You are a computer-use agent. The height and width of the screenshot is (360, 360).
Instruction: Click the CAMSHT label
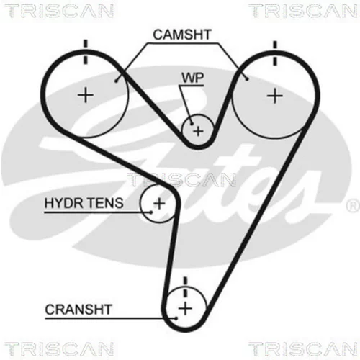click(x=182, y=35)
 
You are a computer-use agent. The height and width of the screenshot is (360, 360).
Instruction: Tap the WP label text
click(x=193, y=78)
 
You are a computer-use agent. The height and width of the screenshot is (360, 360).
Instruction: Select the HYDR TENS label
click(x=84, y=203)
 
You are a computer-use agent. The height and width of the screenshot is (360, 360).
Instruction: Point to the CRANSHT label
click(x=78, y=310)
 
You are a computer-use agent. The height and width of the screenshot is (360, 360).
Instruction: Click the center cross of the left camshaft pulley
click(x=86, y=95)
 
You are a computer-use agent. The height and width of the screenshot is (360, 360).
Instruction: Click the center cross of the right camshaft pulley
click(x=275, y=96)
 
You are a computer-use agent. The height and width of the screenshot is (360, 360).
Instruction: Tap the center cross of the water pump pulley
click(x=198, y=131)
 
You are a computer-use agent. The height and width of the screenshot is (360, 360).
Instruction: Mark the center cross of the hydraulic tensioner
click(x=159, y=204)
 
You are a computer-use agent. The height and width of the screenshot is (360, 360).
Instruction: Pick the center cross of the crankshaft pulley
click(x=185, y=308)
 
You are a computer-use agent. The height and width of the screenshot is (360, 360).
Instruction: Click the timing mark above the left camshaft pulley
click(x=86, y=52)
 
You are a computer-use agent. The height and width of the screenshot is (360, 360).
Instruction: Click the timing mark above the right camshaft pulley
click(x=275, y=53)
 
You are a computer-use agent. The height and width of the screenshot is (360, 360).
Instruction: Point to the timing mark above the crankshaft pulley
click(x=185, y=287)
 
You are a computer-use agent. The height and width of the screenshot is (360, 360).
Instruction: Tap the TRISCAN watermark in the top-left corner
click(x=59, y=11)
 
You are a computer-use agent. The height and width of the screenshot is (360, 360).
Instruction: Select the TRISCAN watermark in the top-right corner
click(x=303, y=11)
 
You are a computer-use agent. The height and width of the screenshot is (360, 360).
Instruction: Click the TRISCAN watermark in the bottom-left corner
click(x=59, y=349)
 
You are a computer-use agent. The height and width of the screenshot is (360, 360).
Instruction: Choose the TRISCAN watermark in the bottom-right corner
click(x=303, y=349)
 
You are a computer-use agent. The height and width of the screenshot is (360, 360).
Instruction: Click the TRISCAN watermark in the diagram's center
click(x=181, y=180)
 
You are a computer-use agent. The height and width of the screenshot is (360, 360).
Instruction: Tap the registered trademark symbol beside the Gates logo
click(x=352, y=206)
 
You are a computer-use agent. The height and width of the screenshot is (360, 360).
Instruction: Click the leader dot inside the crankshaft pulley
click(x=176, y=318)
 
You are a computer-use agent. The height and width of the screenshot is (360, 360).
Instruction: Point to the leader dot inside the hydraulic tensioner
click(x=151, y=212)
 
